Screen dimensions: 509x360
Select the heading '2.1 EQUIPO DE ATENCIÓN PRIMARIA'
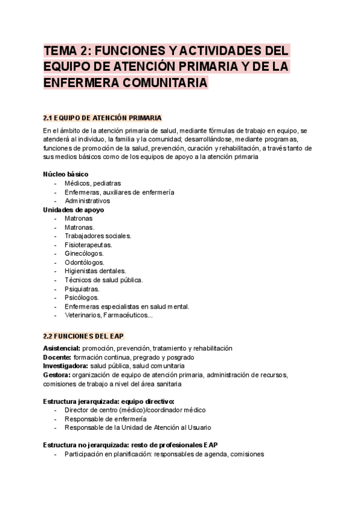[x=103, y=117]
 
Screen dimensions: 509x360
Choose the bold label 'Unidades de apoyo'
[x=73, y=210]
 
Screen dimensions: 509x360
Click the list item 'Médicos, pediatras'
[x=92, y=183]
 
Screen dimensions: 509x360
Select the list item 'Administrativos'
[x=88, y=201]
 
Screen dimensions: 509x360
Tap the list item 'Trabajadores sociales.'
[x=98, y=236]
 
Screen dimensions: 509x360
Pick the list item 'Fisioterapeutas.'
[x=88, y=245]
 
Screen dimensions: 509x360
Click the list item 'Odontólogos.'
[x=84, y=262]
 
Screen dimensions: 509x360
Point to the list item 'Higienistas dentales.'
[x=95, y=271]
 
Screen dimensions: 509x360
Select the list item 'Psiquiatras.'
[x=82, y=289]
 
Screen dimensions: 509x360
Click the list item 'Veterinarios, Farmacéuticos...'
[x=109, y=315]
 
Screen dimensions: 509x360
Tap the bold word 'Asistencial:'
[x=62, y=349]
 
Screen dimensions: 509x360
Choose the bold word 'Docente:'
[x=57, y=357]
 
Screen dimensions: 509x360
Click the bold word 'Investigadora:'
[x=65, y=366]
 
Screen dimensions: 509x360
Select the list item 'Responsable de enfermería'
[x=105, y=419]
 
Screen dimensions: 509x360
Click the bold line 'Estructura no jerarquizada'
[x=85, y=445]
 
